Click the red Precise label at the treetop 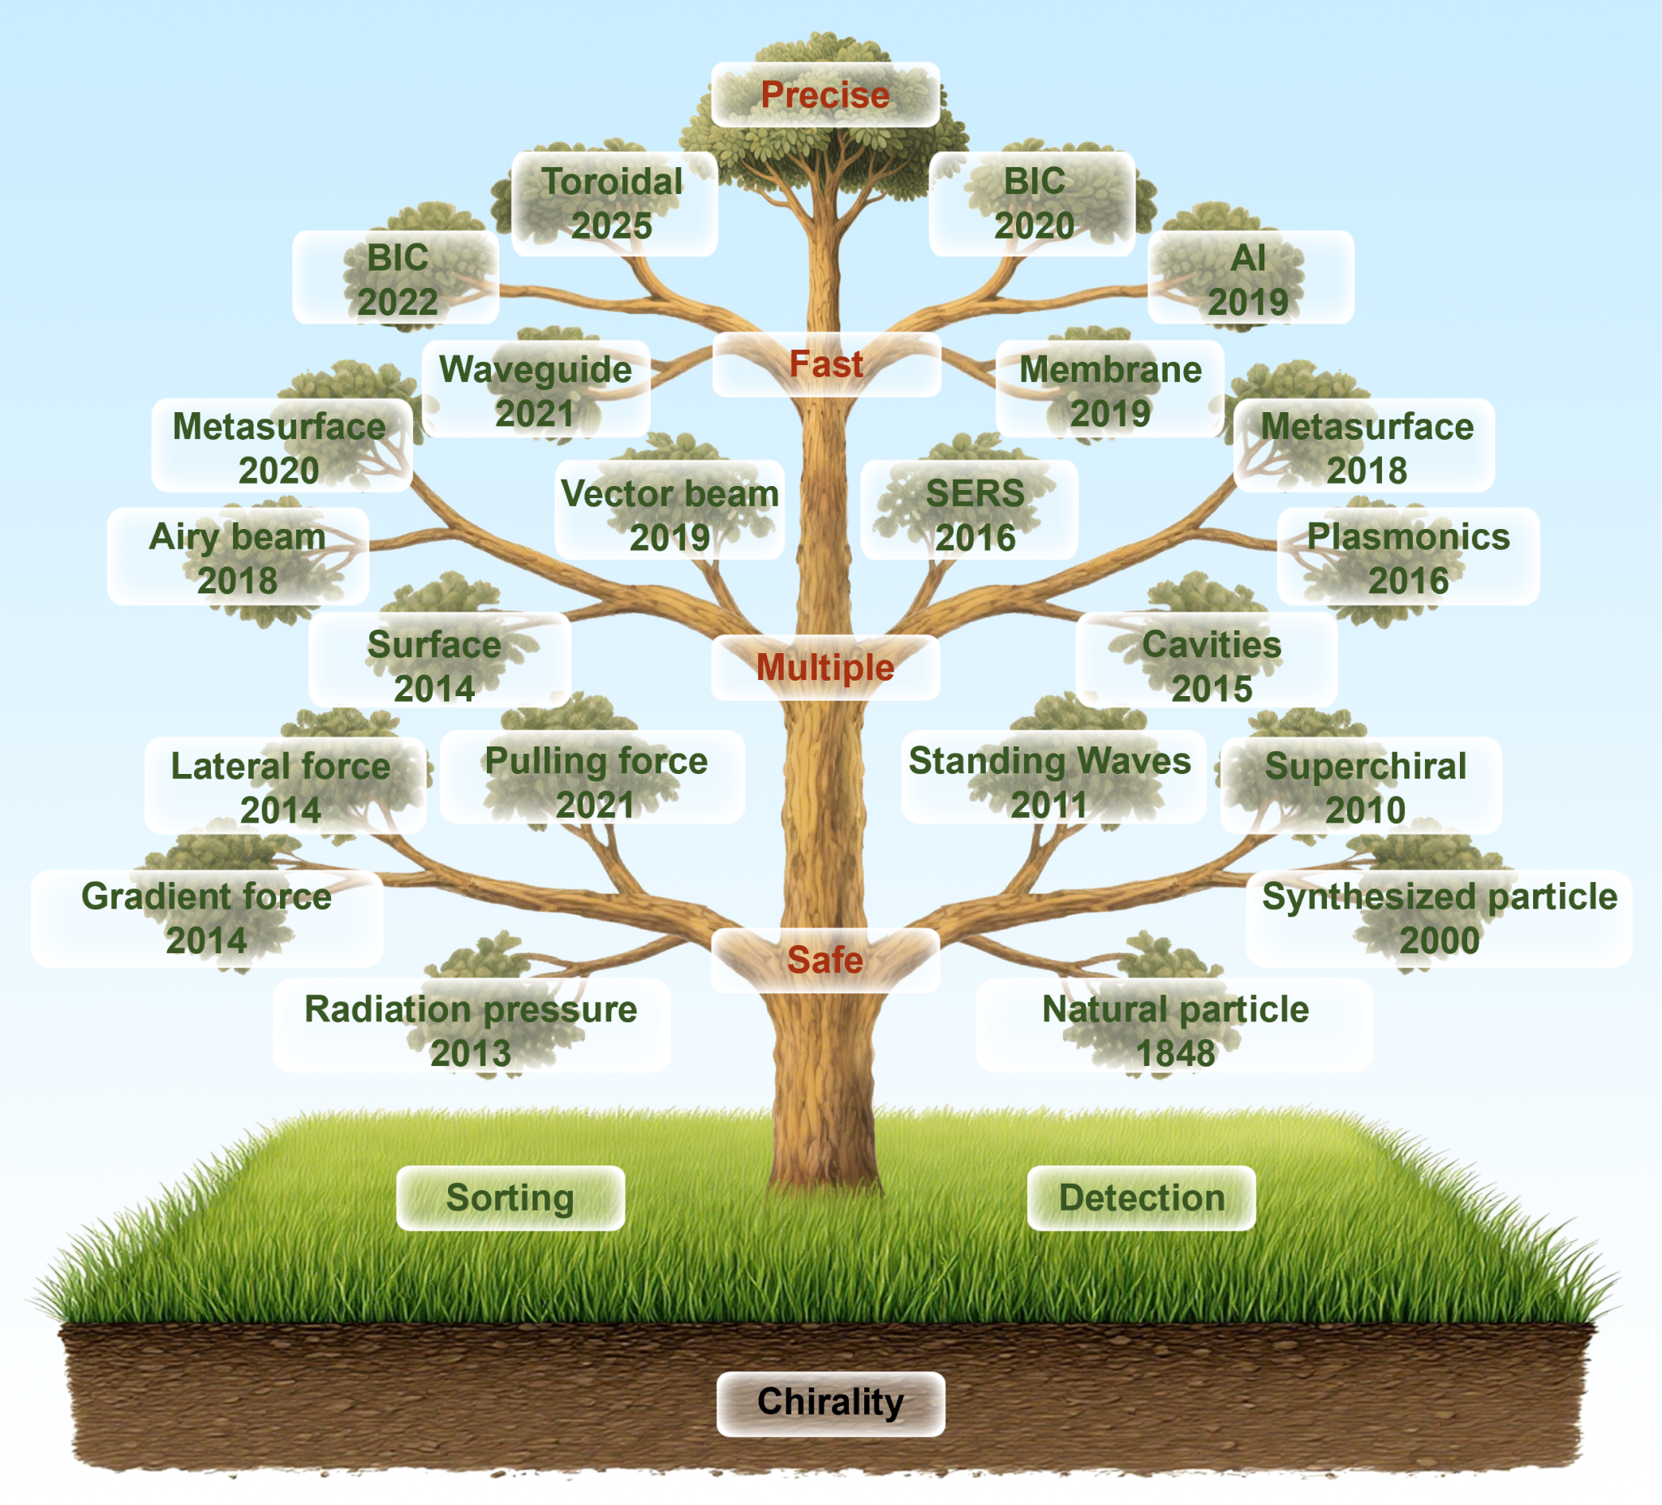point(825,95)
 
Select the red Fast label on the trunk point(826,364)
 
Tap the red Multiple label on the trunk point(825,667)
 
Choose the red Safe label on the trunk point(825,959)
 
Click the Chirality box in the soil point(830,1402)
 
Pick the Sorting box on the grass point(510,1198)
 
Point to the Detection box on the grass point(1141,1198)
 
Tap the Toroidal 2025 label point(613,204)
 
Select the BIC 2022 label point(397,279)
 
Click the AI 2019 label point(1248,279)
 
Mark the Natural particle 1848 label point(1175,1030)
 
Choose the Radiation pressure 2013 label point(471,1030)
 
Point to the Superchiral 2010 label point(1365,787)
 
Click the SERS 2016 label point(975,515)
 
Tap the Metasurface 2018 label point(1367,448)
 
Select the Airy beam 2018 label point(238,558)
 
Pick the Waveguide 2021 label point(535,391)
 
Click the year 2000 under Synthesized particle point(1440,940)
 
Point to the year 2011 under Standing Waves point(1048,806)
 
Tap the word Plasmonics point(1408,536)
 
